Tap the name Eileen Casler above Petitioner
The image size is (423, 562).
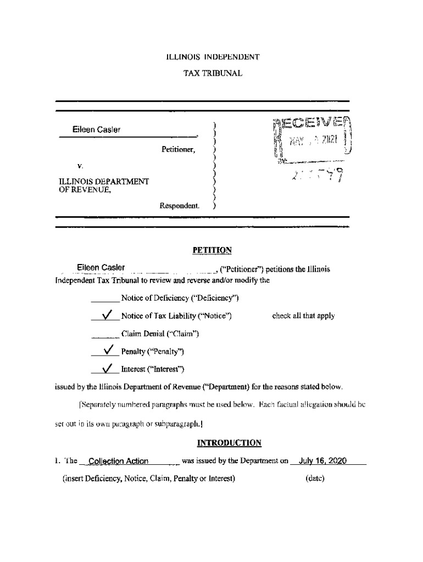click(96, 130)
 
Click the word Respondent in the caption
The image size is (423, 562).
click(179, 206)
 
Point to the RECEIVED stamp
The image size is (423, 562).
click(314, 141)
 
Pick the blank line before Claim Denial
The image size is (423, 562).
click(105, 336)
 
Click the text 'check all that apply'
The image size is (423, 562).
click(303, 316)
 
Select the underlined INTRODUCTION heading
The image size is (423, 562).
click(229, 443)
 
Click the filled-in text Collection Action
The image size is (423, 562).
click(118, 461)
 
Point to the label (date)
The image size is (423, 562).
click(315, 478)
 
